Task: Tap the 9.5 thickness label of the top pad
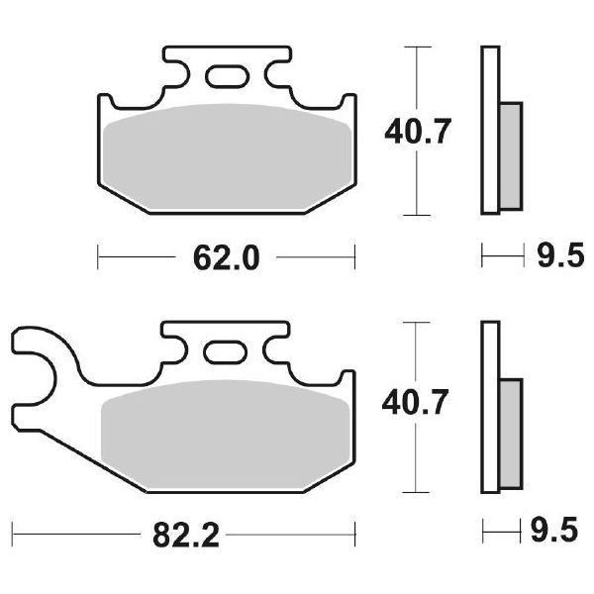pyautogui.click(x=554, y=260)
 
